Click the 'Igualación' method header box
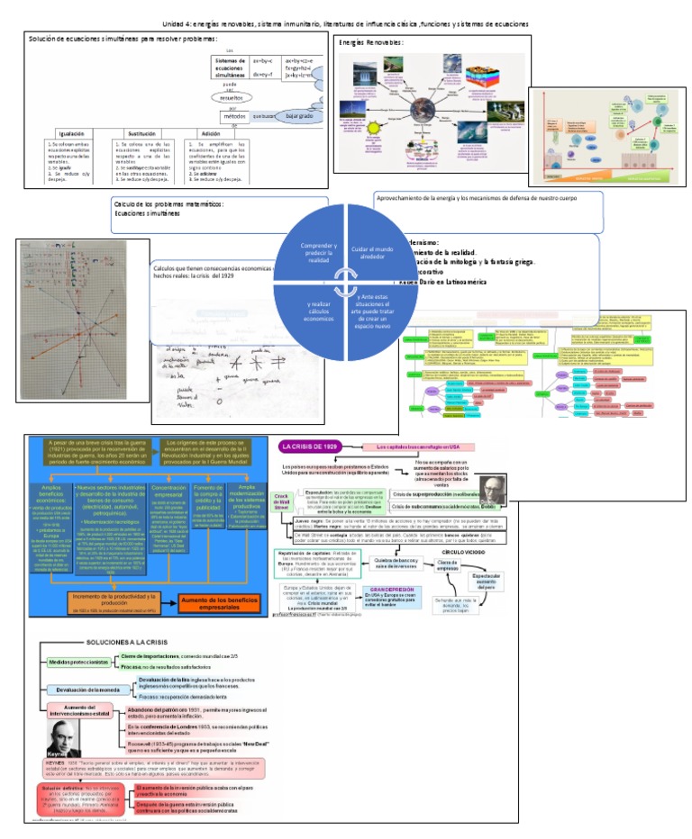(71, 132)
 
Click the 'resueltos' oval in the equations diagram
(229, 97)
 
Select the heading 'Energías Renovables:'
(371, 43)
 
